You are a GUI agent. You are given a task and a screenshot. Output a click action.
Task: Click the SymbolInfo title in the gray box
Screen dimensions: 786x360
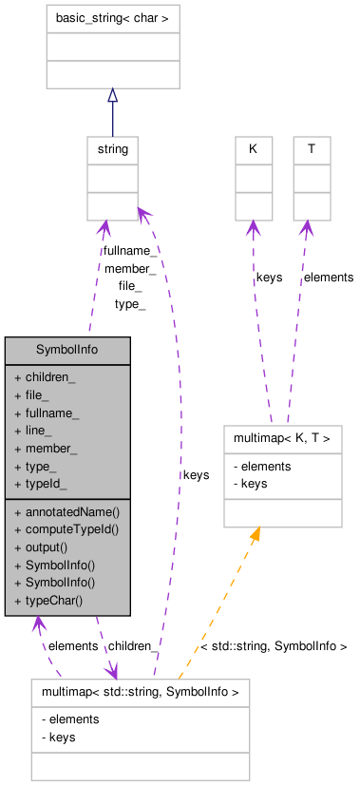click(67, 350)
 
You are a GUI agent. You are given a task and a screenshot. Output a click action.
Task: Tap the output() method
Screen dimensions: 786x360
click(47, 546)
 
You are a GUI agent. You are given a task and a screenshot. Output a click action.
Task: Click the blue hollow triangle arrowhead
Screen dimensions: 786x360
click(112, 96)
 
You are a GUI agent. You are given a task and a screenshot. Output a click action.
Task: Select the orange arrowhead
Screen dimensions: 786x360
click(254, 535)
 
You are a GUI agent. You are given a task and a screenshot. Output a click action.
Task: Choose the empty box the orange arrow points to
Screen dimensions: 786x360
click(282, 475)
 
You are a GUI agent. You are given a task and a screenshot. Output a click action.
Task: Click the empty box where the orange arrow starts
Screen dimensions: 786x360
click(140, 729)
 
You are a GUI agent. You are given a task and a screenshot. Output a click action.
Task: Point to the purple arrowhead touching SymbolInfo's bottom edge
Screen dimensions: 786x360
click(37, 624)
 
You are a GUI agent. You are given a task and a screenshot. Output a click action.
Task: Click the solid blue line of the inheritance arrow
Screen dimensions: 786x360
click(112, 119)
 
